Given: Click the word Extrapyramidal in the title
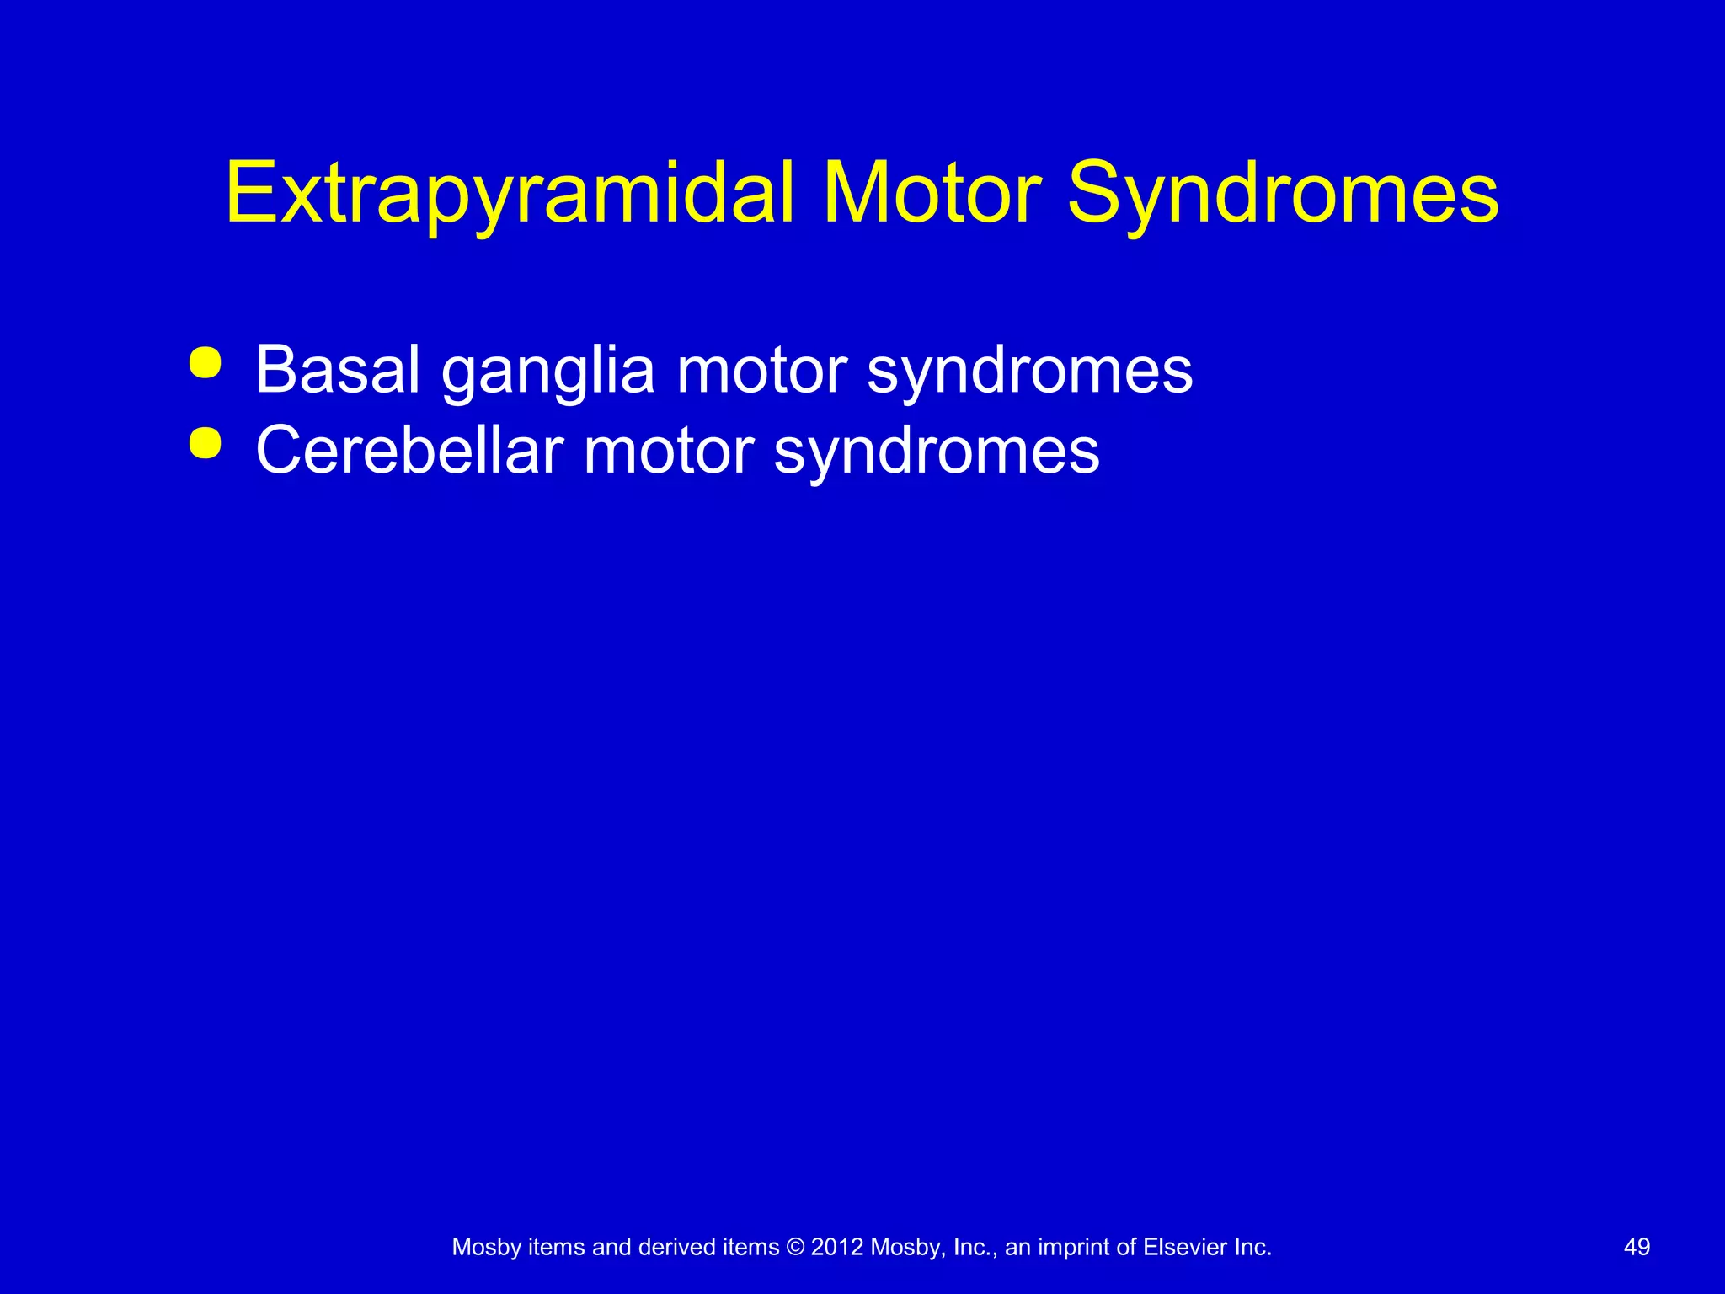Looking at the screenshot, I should (x=510, y=195).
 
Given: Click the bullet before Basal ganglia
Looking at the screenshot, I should (x=206, y=364).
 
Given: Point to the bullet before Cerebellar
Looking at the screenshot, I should (x=206, y=443).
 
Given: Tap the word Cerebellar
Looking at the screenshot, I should (x=409, y=450).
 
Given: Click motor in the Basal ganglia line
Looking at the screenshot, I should (x=761, y=371).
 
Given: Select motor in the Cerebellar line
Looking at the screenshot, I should (x=669, y=451).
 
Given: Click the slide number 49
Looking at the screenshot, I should (x=1636, y=1247).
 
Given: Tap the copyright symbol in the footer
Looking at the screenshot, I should (x=795, y=1247).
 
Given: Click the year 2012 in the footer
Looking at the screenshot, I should (x=837, y=1247).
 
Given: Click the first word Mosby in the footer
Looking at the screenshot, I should (x=487, y=1248).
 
